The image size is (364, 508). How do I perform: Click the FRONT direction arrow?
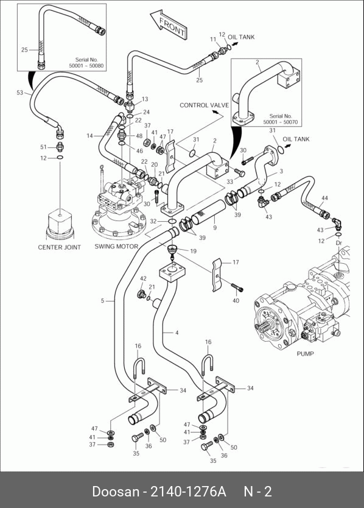(x=169, y=24)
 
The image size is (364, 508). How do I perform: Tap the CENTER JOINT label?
(x=59, y=247)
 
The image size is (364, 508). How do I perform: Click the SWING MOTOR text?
(x=116, y=246)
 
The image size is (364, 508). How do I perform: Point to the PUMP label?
(x=305, y=353)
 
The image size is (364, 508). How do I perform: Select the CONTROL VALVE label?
(x=204, y=105)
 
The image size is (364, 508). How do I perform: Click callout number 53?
(x=20, y=93)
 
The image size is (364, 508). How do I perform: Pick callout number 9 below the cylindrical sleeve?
(x=215, y=228)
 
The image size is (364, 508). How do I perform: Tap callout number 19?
(x=193, y=251)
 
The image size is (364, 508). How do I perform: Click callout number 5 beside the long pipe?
(x=102, y=301)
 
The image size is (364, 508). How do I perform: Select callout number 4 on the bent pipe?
(x=177, y=333)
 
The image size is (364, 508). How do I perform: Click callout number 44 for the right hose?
(x=324, y=198)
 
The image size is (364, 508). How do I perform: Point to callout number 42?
(x=143, y=278)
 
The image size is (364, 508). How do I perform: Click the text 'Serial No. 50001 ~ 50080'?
(x=86, y=63)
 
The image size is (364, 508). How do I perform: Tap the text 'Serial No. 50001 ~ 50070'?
(x=281, y=119)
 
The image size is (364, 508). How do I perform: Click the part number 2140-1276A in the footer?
(x=189, y=491)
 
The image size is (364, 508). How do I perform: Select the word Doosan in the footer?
(x=115, y=491)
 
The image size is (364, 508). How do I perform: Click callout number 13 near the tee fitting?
(x=145, y=99)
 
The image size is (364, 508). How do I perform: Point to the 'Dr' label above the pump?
(x=339, y=242)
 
